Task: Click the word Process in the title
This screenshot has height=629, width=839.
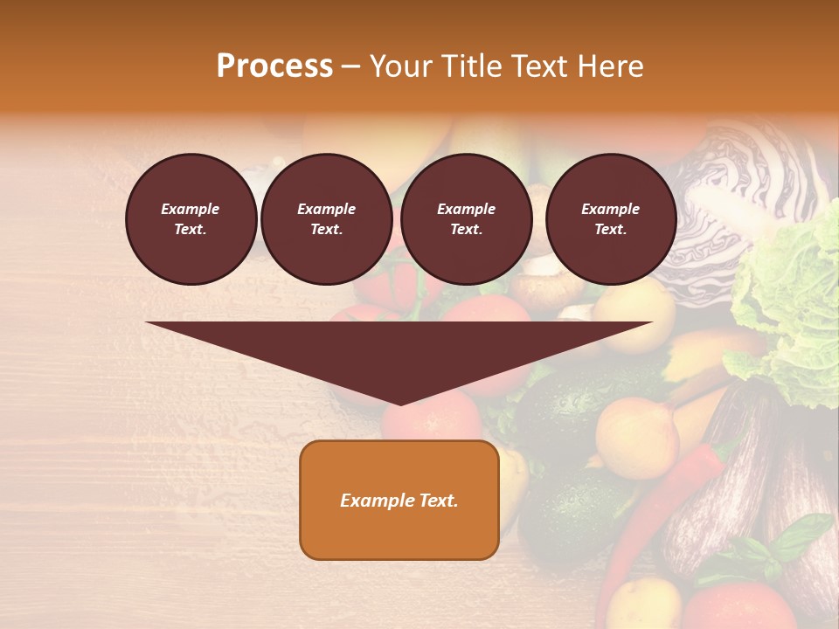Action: [x=274, y=66]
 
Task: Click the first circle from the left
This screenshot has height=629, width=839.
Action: [x=191, y=219]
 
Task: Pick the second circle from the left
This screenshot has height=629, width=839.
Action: [x=326, y=219]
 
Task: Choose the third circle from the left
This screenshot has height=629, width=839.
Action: [x=466, y=219]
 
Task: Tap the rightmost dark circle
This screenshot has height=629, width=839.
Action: [x=610, y=219]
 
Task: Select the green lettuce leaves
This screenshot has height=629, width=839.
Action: [x=787, y=314]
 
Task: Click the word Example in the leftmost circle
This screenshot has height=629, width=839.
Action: [x=190, y=209]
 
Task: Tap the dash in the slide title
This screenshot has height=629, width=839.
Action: [x=351, y=66]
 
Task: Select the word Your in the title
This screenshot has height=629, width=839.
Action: [x=399, y=66]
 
